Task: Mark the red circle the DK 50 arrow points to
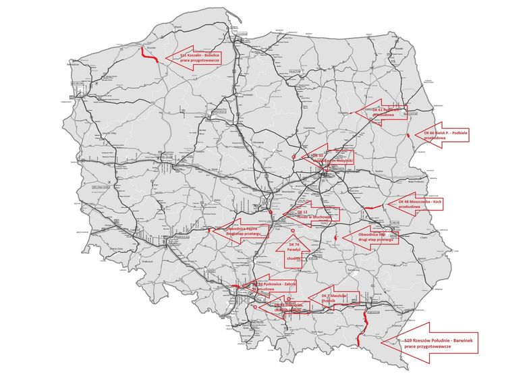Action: (x=294, y=157)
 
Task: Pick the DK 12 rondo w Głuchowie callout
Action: (x=312, y=215)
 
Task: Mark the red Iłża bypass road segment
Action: (x=335, y=238)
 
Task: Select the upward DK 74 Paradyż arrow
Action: (x=294, y=250)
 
